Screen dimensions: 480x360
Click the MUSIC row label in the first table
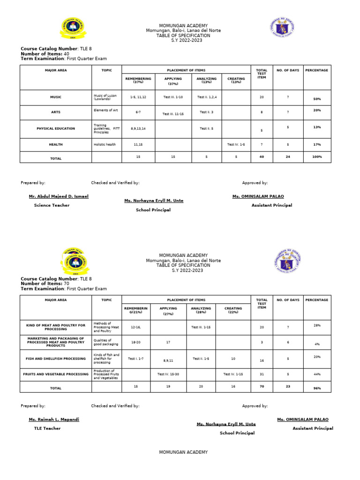[x=56, y=97]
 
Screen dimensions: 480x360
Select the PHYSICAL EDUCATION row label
[x=56, y=127]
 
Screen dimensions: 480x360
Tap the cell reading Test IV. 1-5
[x=236, y=145]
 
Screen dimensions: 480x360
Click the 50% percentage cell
[x=317, y=99]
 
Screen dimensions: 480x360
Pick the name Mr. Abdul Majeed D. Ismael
[x=59, y=196]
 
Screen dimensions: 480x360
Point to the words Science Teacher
[x=52, y=205]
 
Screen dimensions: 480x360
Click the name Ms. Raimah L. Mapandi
[x=54, y=420]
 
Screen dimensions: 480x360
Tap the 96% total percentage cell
[x=317, y=389]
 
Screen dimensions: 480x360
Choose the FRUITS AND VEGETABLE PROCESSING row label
[x=56, y=374]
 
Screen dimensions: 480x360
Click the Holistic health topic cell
[x=105, y=145]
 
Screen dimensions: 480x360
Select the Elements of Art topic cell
[x=105, y=110]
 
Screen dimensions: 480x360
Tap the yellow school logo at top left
[x=72, y=30]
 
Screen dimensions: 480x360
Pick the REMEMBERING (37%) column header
[x=138, y=80]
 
